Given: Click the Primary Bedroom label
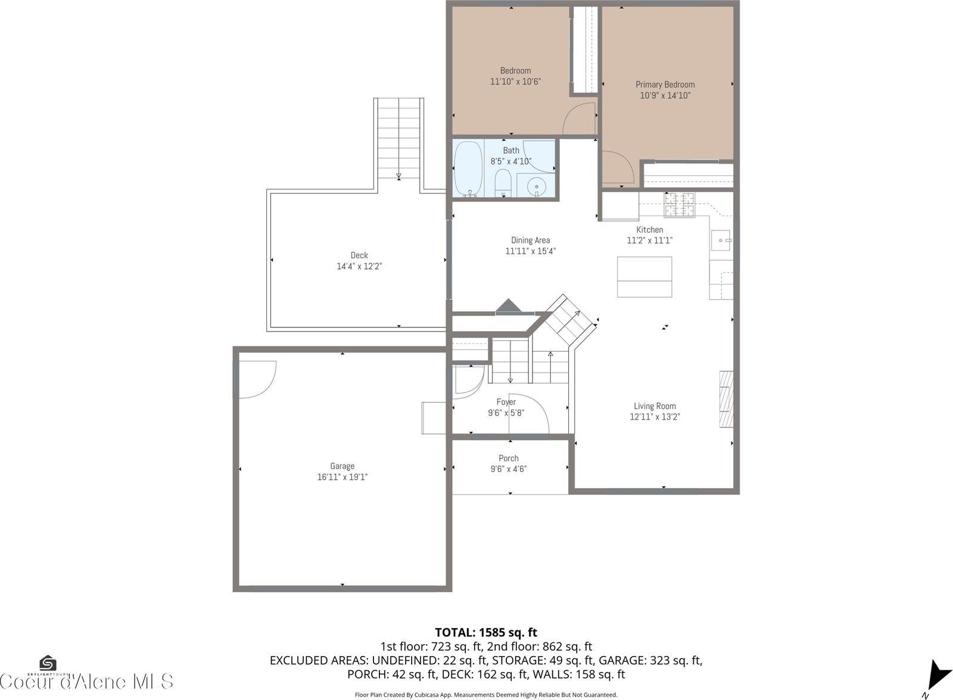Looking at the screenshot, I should click(665, 85).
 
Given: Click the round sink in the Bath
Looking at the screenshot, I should click(537, 186).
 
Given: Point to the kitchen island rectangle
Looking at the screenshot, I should click(644, 277).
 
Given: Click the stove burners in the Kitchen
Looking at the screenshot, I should click(680, 206).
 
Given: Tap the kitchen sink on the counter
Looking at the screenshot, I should click(721, 240).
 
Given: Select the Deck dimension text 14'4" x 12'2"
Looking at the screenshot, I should click(359, 266).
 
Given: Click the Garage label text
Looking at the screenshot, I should click(342, 466).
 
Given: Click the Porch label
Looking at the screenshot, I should click(508, 458).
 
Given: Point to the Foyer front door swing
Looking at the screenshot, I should click(529, 412).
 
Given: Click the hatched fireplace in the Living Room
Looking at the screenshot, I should click(725, 399).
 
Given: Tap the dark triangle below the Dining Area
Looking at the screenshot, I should click(508, 306).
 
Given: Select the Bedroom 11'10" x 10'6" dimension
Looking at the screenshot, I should click(515, 82).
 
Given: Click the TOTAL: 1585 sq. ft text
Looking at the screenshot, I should click(486, 632).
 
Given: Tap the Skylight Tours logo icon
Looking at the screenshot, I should click(48, 663).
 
